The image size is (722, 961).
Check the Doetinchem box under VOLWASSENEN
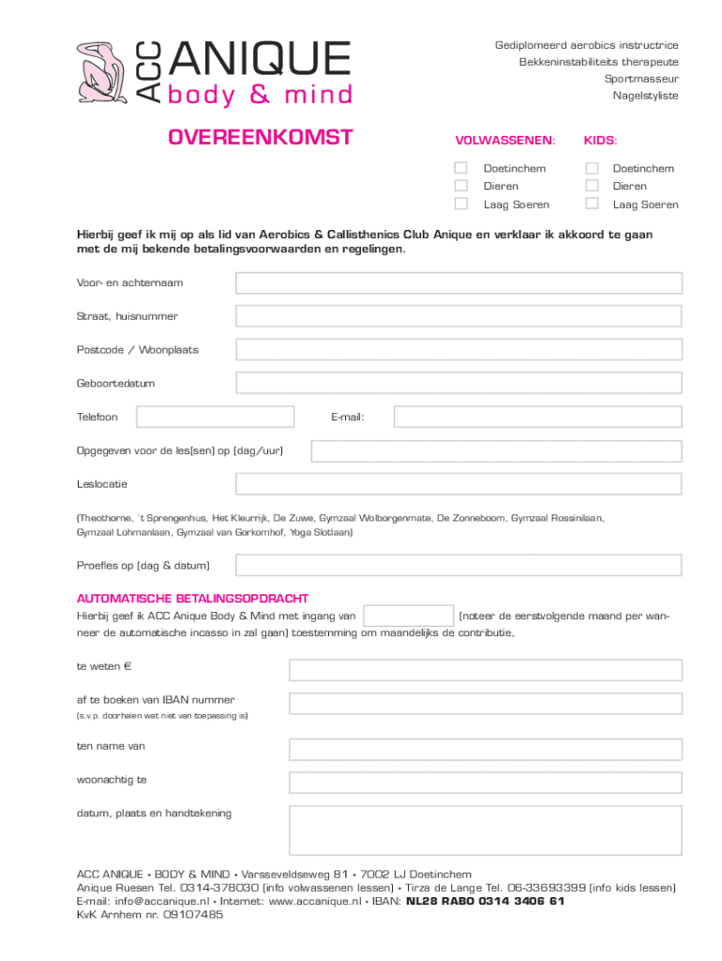[460, 168]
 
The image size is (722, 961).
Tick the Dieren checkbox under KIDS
[592, 186]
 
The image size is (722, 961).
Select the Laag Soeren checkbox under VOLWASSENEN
[460, 204]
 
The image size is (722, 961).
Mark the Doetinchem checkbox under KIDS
[592, 168]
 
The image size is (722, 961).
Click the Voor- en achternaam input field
[459, 282]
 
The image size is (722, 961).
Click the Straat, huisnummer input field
[459, 316]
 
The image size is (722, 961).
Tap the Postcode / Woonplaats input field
[459, 349]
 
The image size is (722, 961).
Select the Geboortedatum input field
[459, 383]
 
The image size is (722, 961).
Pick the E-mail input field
[537, 416]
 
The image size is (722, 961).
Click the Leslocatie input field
[459, 484]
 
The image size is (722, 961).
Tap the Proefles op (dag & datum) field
[459, 565]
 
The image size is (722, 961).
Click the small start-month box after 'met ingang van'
[408, 616]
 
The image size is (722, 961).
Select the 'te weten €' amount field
[485, 669]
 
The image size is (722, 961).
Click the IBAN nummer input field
[485, 703]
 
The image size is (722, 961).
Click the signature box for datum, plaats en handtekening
[485, 830]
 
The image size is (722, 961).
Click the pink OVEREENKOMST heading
[260, 139]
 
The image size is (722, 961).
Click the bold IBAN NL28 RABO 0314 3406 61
[485, 901]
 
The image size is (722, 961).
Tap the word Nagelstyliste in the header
[645, 96]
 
